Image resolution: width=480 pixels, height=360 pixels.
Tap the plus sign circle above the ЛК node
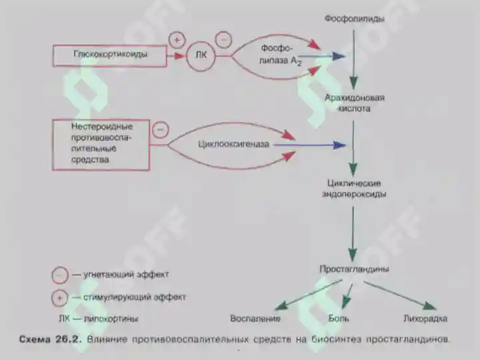coord(177,40)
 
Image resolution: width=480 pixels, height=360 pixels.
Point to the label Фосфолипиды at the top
coord(354,19)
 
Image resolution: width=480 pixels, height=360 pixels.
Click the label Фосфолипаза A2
coord(280,55)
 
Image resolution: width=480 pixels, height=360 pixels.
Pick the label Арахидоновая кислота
coord(354,103)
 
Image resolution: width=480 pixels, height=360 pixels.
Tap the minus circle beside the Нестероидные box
coord(161,129)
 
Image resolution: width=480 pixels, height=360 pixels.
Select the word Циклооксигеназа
coord(233,144)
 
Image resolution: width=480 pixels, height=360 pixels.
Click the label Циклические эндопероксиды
coord(354,189)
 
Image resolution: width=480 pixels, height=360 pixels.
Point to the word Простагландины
coord(354,269)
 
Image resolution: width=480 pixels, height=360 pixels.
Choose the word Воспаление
coord(255,319)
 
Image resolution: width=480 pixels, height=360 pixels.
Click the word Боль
coord(339,319)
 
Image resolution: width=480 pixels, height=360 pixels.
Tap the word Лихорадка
coord(425,319)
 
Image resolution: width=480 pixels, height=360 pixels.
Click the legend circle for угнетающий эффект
coord(60,275)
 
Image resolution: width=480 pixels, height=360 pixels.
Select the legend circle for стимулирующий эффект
coord(60,298)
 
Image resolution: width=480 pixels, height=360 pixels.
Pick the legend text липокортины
coord(111,319)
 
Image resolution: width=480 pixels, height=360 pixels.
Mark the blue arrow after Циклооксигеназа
coord(309,145)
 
